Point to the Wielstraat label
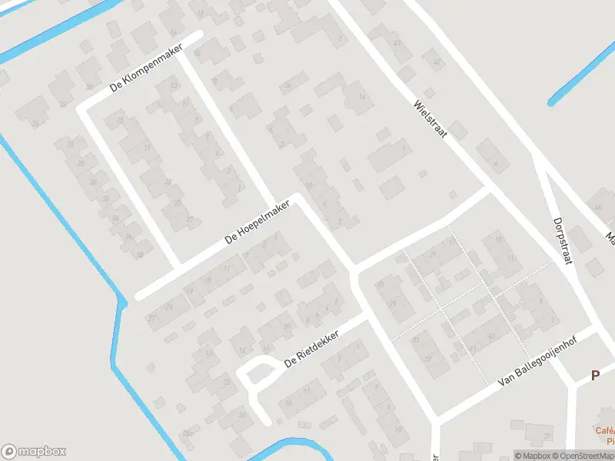pos(429,118)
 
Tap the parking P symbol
pos(594,376)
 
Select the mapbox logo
pos(34,452)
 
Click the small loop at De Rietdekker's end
pos(258,374)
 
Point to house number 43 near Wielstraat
pos(397,43)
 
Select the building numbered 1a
pos(361,96)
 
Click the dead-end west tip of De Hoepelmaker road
pos(141,295)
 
